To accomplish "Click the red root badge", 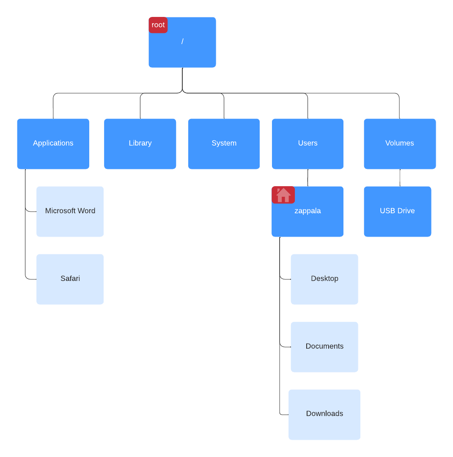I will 158,25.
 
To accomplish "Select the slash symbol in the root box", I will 182,41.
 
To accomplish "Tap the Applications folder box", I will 53,143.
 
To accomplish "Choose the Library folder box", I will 140,143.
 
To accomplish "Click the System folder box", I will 224,143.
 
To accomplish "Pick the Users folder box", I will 307,143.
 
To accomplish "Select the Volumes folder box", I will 400,143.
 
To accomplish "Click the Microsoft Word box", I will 70,211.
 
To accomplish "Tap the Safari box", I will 70,279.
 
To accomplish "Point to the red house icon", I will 283,195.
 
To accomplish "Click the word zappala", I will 307,211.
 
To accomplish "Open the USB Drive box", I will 397,211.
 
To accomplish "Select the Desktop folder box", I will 324,279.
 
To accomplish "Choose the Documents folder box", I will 324,347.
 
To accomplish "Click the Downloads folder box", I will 324,414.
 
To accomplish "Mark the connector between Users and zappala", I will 307,178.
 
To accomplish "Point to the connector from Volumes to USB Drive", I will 400,178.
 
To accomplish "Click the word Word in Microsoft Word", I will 86,211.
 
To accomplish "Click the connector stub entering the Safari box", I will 31,279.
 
